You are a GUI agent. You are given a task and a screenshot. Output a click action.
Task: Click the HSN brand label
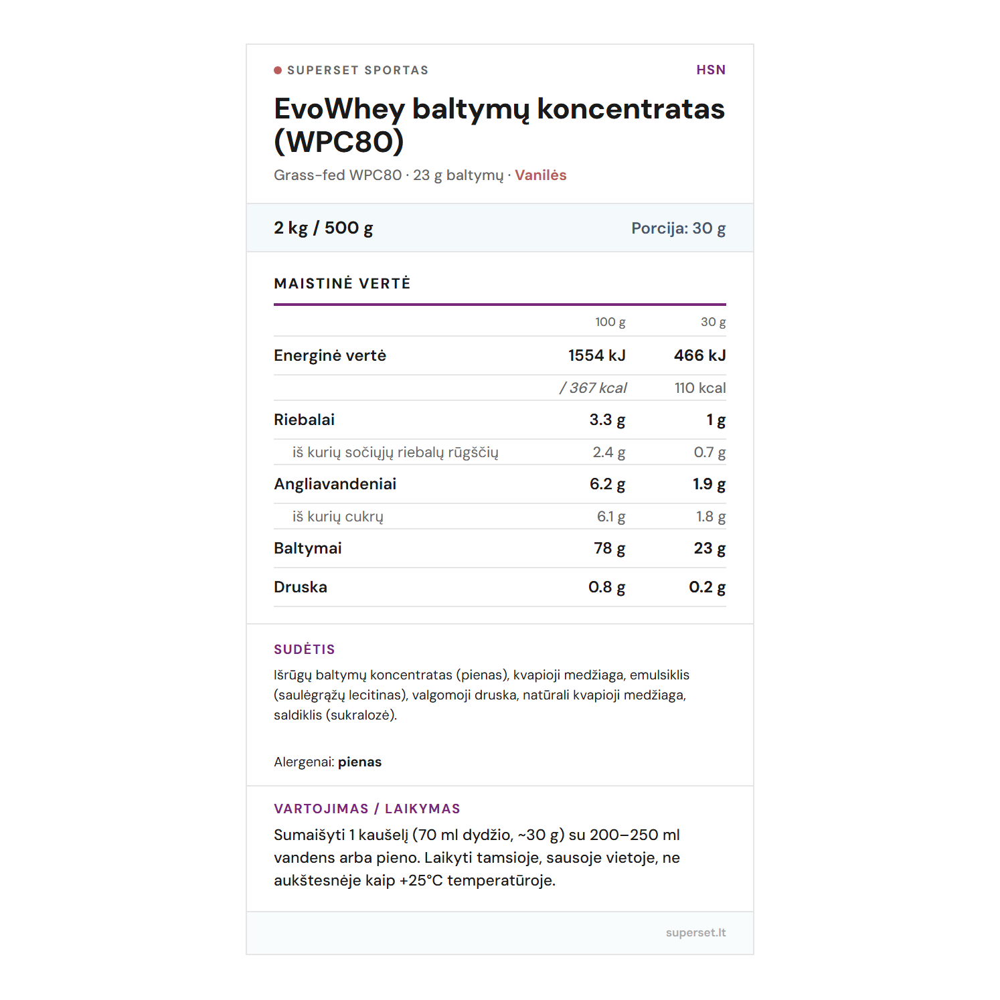[710, 70]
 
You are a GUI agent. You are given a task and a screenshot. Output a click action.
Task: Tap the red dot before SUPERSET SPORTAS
[278, 70]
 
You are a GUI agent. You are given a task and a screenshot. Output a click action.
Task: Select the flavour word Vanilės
[540, 175]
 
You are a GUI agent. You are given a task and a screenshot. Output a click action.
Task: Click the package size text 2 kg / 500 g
[323, 228]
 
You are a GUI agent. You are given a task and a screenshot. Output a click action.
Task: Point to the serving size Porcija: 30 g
[678, 228]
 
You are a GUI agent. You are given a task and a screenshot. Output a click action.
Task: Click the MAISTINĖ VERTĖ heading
[342, 284]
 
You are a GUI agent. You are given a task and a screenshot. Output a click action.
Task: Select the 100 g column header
[610, 322]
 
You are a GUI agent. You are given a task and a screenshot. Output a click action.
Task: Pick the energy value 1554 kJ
[596, 355]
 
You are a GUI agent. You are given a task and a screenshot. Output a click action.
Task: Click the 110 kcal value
[699, 388]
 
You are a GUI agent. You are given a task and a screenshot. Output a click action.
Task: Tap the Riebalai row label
[304, 420]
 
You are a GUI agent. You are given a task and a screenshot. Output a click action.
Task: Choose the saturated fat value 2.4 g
[608, 452]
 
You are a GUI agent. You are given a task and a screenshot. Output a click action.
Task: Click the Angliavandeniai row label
[335, 484]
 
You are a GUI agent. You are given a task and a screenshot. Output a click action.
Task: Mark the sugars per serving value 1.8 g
[710, 517]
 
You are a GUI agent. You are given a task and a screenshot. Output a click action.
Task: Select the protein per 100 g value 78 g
[609, 548]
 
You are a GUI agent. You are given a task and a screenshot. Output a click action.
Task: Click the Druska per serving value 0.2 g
[707, 587]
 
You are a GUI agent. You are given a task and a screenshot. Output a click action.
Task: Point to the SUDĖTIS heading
[304, 649]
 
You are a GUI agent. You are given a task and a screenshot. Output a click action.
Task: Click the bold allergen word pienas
[359, 762]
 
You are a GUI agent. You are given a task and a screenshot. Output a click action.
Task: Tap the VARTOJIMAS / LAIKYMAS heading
[367, 809]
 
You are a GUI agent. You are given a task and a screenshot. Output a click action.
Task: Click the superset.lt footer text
[695, 932]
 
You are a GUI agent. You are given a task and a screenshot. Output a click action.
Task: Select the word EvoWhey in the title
[339, 109]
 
